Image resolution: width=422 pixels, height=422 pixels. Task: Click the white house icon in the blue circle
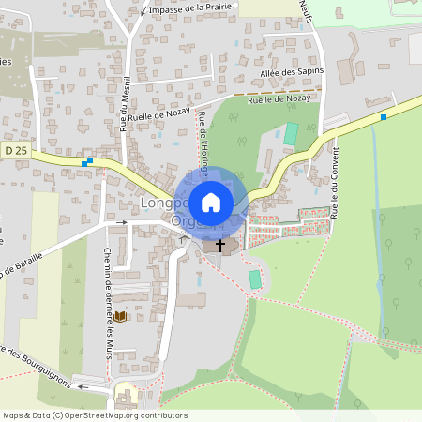coord(211,202)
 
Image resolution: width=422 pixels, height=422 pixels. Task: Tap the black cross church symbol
coord(221,246)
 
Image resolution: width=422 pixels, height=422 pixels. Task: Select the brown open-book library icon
coord(120,317)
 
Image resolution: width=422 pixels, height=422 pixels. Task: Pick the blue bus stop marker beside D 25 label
coord(87,161)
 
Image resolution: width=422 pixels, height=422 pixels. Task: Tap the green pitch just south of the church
coord(255,279)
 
